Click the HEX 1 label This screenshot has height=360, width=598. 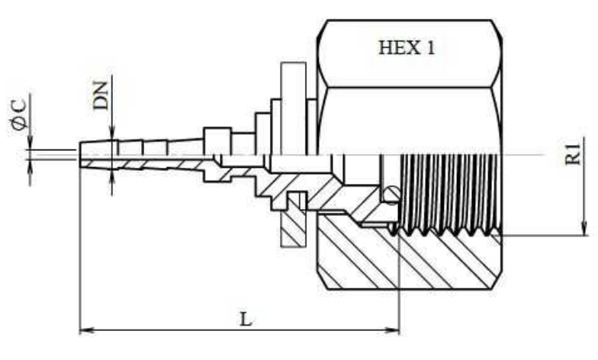[407, 47]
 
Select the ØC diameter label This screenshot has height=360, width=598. [20, 114]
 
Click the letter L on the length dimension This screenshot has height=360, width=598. [246, 319]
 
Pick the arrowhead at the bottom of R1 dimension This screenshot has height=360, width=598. [584, 228]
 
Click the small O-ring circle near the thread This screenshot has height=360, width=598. [391, 194]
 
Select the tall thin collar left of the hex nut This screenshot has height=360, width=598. [293, 108]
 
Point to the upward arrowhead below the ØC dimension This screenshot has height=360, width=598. [30, 166]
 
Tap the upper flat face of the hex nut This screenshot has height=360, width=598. [409, 53]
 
